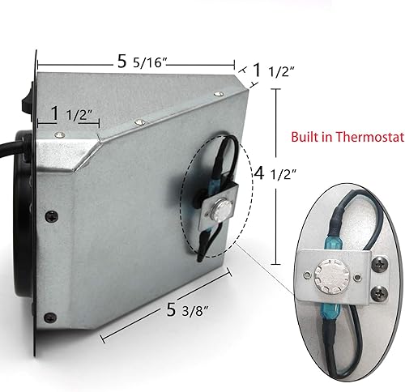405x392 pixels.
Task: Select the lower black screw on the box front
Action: click(x=50, y=315)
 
